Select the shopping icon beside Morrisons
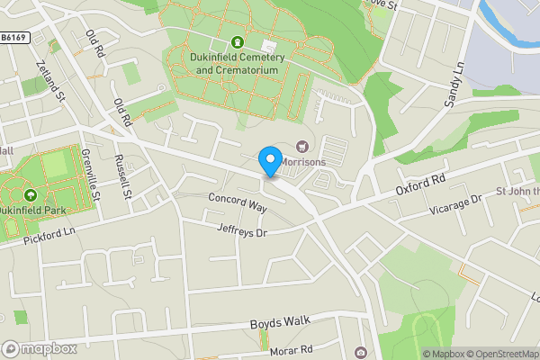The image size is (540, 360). point(302,147)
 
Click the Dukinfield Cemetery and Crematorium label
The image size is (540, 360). point(238,63)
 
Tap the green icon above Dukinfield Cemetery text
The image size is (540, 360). point(238,41)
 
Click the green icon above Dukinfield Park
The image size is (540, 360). point(31,193)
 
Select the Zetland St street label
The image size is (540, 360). point(49,80)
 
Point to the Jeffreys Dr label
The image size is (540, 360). point(243,230)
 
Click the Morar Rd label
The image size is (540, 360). point(292,349)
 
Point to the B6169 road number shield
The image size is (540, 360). point(13,38)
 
